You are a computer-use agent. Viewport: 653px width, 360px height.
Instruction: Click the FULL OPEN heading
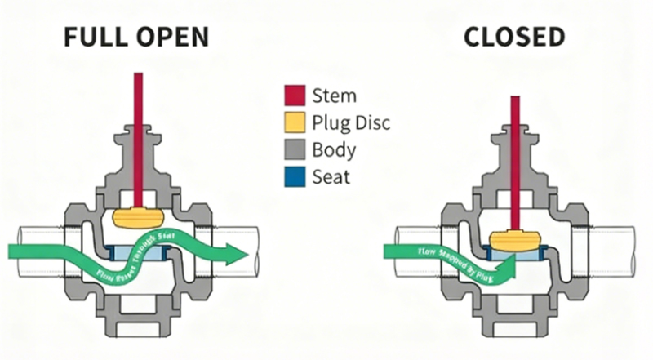coord(136,37)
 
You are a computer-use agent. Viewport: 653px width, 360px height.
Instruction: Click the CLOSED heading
coord(514,37)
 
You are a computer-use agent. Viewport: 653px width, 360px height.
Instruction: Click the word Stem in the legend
coord(335,96)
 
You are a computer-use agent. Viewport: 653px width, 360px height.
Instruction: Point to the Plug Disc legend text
coord(352,122)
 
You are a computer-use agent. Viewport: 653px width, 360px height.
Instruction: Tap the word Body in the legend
coord(335,149)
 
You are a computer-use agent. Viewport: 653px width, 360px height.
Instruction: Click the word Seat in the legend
coord(331,176)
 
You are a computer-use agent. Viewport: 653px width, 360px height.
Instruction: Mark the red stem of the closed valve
coord(515,155)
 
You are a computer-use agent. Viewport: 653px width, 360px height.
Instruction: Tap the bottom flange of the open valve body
coord(139,331)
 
